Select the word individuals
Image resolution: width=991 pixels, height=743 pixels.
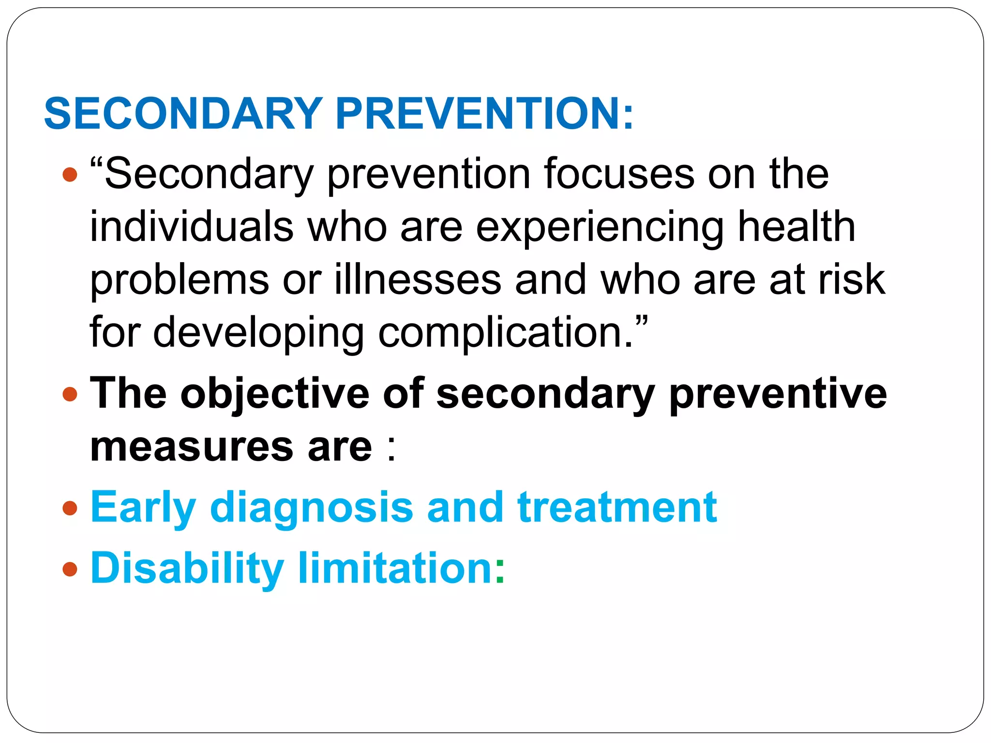click(x=192, y=227)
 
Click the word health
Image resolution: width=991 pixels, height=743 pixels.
click(x=796, y=227)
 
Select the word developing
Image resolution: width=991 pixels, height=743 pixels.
click(x=258, y=333)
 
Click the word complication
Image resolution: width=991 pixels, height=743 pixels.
click(x=505, y=333)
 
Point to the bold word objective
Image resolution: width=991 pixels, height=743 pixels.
click(x=275, y=394)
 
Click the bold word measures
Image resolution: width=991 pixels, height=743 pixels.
click(x=192, y=447)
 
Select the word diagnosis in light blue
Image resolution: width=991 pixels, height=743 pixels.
click(x=312, y=508)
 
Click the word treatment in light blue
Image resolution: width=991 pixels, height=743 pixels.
click(x=617, y=508)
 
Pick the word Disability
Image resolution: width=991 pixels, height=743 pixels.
click(x=187, y=568)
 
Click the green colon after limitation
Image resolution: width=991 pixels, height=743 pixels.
click(x=500, y=571)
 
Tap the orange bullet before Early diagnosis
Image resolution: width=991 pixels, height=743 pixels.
click(x=70, y=508)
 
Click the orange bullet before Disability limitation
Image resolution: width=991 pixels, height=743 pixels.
click(x=70, y=569)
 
